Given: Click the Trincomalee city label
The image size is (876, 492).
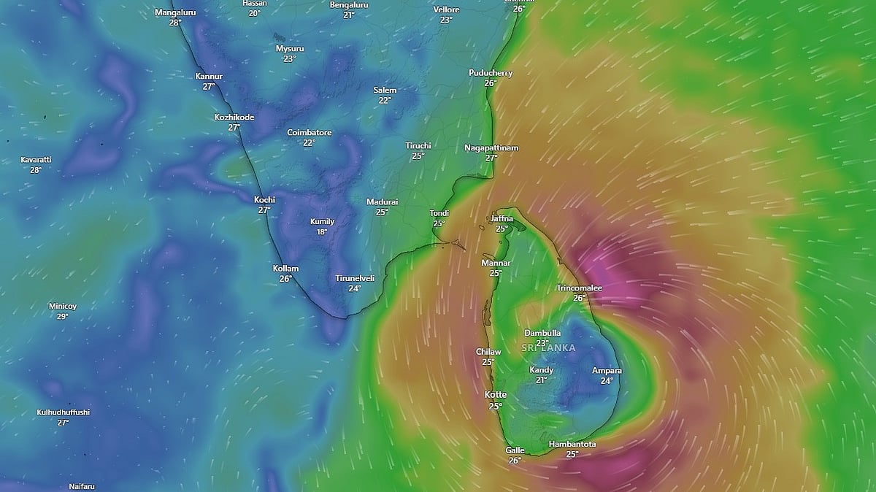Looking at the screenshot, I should click(x=579, y=288).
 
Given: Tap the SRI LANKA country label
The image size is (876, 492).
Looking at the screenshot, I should click(x=548, y=348).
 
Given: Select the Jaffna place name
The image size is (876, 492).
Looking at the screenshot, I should click(x=502, y=219).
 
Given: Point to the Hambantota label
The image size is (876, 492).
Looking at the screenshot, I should click(x=572, y=444).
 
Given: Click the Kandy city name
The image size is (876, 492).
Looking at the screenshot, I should click(x=541, y=370).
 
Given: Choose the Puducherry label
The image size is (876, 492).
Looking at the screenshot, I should click(x=491, y=73).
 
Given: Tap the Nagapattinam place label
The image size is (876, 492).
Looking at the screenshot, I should click(x=491, y=148).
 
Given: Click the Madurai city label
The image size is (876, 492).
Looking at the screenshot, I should click(x=382, y=201).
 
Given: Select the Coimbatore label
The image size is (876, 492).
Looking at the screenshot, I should click(x=310, y=133).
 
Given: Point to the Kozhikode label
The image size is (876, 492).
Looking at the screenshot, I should click(x=234, y=117).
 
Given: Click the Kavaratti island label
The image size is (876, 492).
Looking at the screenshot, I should click(x=36, y=160).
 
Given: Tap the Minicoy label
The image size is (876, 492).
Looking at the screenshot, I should click(x=63, y=306).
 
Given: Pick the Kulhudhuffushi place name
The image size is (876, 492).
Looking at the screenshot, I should click(x=63, y=412).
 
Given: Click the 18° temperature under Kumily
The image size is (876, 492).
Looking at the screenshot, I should click(x=322, y=232).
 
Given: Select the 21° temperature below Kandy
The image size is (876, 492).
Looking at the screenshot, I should click(x=541, y=380).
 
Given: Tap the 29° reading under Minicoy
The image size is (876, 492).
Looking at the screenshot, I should click(x=63, y=316).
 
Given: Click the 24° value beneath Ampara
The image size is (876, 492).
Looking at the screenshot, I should click(x=607, y=381).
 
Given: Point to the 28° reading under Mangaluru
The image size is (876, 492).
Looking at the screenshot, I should click(x=174, y=23).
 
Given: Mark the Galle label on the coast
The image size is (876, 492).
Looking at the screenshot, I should click(x=515, y=450).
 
